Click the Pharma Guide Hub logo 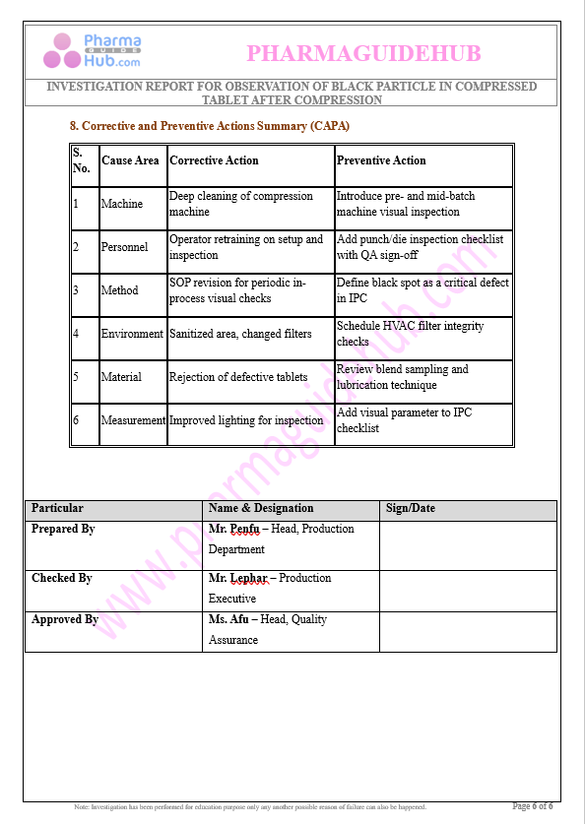[97, 50]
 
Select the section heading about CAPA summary [209, 126]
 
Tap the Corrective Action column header [214, 160]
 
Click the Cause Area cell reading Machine [121, 204]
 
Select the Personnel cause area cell [124, 247]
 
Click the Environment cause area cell [132, 334]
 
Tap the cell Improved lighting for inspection [246, 420]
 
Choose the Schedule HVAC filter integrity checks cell [410, 334]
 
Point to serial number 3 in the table [76, 290]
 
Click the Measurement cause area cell [133, 420]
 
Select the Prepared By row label [63, 530]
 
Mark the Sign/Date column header [410, 509]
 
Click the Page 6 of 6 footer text [533, 806]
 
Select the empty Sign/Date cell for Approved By [467, 631]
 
